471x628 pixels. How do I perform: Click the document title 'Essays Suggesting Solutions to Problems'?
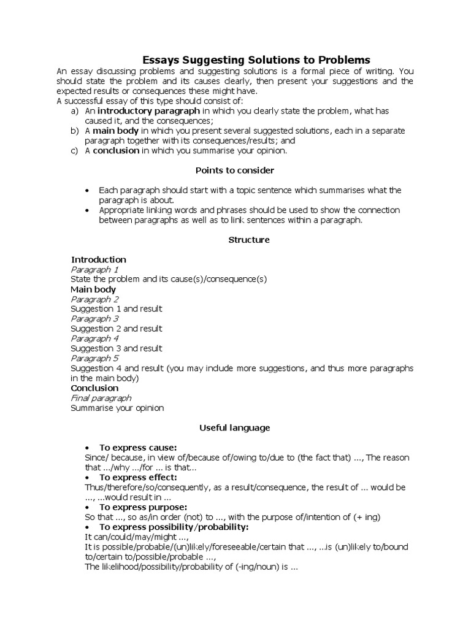256,60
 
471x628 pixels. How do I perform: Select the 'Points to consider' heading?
234,170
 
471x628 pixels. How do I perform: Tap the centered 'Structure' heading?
249,240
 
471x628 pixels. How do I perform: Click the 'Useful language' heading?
234,427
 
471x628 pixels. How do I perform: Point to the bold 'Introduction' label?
99,259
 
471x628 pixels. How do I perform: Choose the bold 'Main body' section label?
93,289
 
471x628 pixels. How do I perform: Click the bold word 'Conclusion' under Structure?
94,388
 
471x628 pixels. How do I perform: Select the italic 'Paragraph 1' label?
94,269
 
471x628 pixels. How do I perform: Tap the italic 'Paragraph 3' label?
94,319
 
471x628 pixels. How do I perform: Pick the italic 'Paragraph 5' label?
94,358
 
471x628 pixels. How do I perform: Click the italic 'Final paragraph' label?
101,398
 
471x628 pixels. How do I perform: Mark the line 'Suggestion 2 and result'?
117,329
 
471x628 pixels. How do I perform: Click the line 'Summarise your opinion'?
117,408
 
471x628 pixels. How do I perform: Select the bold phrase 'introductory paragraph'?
148,111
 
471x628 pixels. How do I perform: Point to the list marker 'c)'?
75,150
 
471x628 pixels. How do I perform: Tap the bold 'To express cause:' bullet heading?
138,448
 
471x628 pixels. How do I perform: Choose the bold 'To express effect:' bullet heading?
138,477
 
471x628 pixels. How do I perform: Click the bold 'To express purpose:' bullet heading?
143,507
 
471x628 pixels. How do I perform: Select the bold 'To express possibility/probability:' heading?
174,527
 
